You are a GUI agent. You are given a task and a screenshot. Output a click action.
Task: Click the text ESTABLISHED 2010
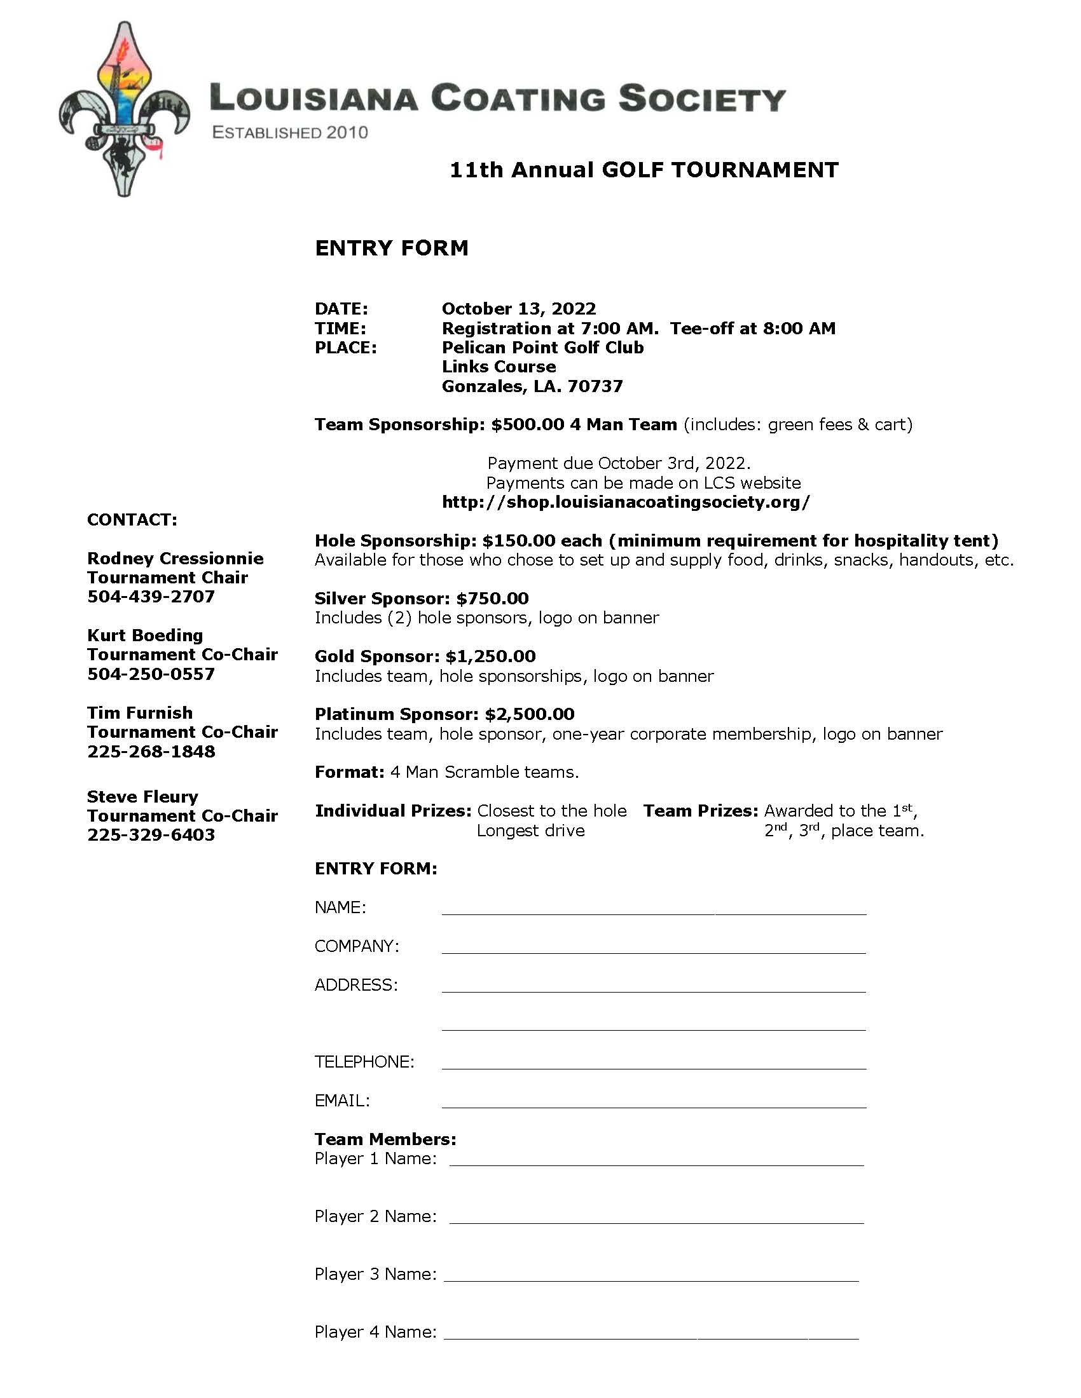point(290,133)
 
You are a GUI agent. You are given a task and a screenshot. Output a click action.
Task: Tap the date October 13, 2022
point(519,309)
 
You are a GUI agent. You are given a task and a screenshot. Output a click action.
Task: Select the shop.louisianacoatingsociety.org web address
point(626,502)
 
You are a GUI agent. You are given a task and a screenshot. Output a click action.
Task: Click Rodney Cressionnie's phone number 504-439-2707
point(151,597)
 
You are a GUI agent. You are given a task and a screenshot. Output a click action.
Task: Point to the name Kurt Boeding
point(146,635)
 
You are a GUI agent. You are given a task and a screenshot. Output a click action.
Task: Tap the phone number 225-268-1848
point(151,752)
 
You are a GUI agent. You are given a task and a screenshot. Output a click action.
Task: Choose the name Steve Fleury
point(143,797)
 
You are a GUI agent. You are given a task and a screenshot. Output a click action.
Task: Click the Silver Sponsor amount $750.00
point(492,599)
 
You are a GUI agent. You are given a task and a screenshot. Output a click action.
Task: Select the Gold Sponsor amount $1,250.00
point(490,656)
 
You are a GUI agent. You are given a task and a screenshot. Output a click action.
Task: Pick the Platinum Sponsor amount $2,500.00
point(530,714)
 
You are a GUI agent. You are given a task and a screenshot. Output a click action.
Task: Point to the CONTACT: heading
point(132,520)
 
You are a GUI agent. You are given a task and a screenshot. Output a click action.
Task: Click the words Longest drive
point(530,831)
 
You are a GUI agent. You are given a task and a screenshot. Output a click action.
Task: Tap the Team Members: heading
point(385,1139)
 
